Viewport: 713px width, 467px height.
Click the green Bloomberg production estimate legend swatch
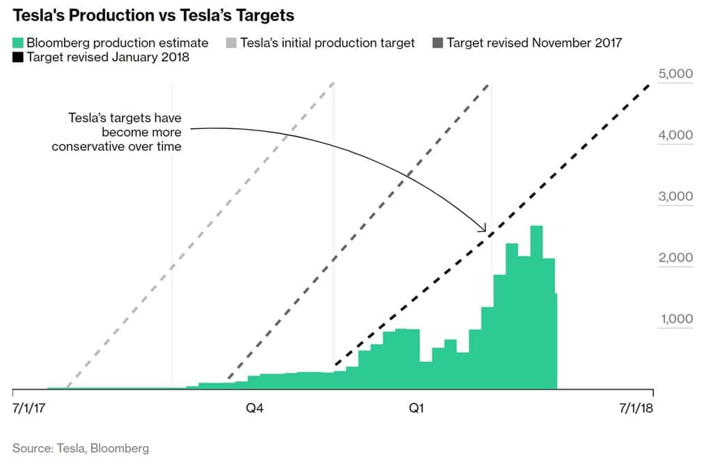pos(18,43)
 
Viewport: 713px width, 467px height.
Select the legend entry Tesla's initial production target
pos(327,43)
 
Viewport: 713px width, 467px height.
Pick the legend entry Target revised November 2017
pos(534,43)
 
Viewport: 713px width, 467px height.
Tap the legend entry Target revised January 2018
pos(108,57)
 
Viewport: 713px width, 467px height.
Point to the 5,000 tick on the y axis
pos(675,74)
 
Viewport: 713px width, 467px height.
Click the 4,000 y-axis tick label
pos(675,135)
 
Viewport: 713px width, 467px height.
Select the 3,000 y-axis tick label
pos(675,196)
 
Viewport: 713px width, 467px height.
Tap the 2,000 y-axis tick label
pos(675,257)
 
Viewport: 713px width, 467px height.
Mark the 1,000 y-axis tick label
pos(675,319)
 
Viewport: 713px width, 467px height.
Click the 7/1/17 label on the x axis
pos(30,408)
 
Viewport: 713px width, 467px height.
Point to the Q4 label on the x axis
pos(255,408)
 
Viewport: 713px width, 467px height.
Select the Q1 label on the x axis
pos(416,408)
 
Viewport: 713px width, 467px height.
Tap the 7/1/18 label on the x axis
pos(635,408)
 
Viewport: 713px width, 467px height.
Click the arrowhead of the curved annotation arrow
pos(483,228)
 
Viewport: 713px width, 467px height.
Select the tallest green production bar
pos(536,307)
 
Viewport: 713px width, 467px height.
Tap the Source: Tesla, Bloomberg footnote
pos(81,448)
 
